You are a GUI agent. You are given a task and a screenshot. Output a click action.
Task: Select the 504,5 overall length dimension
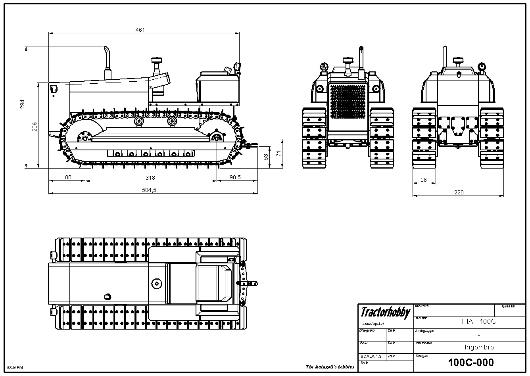149,190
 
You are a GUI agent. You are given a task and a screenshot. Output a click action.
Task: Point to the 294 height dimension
23,104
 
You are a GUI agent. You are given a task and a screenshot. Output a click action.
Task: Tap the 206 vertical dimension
35,126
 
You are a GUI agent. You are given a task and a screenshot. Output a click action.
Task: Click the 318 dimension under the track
150,178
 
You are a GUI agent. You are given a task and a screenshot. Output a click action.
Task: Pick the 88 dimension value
68,177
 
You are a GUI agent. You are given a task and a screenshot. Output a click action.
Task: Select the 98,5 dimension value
235,177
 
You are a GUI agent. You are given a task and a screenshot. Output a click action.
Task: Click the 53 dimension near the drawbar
266,157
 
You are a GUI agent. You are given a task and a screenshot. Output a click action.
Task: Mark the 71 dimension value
279,153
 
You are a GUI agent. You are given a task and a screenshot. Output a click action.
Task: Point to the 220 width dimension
459,192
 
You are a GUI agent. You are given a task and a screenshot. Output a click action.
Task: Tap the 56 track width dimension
423,180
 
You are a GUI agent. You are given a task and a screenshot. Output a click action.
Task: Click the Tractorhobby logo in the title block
385,313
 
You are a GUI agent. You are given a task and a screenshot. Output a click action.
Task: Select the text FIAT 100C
479,321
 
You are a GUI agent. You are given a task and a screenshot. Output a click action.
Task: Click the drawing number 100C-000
471,362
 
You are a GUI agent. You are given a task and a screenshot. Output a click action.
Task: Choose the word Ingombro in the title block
479,347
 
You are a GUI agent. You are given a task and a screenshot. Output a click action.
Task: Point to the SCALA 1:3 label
371,356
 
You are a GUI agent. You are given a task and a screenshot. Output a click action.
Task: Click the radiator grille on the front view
348,102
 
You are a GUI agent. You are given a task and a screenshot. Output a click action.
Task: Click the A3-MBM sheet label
15,368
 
